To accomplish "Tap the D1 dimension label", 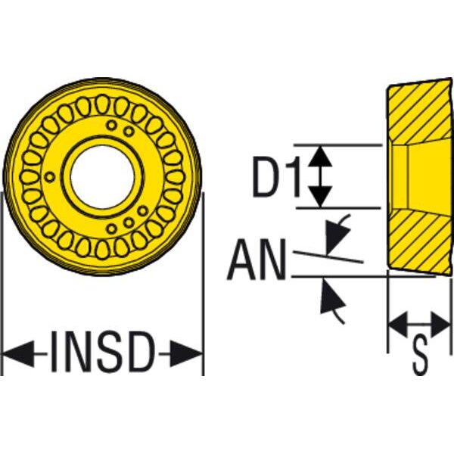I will coord(275,176).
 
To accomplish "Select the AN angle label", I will coord(257,260).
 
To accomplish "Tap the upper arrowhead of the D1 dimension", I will coord(322,156).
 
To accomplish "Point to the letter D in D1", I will coord(266,176).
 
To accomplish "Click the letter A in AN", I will coord(244,260).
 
